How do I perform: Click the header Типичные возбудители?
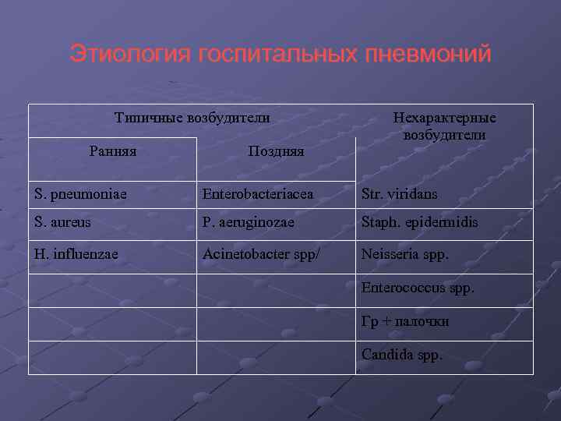tap(192, 118)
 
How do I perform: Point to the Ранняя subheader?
tap(113, 150)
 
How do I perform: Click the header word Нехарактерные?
tap(445, 118)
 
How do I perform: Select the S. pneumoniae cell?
tap(82, 193)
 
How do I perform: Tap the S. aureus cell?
tap(62, 222)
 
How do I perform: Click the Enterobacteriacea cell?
tap(257, 193)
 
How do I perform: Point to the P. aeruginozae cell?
tap(249, 222)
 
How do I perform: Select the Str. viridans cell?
tap(399, 193)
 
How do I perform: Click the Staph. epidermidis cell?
tap(419, 222)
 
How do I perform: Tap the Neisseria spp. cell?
tap(405, 253)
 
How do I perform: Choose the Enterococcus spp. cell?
tap(418, 287)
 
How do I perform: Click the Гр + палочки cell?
tap(405, 320)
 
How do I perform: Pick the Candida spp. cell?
tap(402, 355)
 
